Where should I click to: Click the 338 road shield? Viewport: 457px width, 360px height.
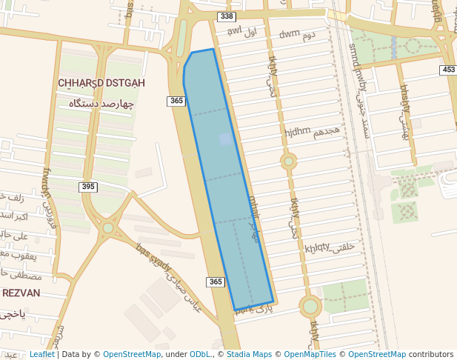click(x=227, y=16)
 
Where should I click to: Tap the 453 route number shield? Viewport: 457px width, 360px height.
click(x=448, y=70)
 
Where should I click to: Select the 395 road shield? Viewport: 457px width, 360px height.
click(x=88, y=187)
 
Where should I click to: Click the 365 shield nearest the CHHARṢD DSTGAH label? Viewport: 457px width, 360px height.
click(x=176, y=101)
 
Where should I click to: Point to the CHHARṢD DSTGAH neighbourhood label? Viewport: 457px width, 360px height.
click(x=101, y=83)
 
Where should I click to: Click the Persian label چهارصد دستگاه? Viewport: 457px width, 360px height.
click(x=101, y=104)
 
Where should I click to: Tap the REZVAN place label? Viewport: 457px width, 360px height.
click(x=21, y=293)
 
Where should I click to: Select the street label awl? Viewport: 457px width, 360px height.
click(x=235, y=31)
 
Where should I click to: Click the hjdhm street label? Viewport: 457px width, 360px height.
click(x=298, y=131)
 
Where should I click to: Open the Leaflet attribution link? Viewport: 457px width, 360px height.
click(x=41, y=354)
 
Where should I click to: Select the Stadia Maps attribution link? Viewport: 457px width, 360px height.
click(x=248, y=354)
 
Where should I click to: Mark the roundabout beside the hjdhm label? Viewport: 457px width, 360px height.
click(x=288, y=161)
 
